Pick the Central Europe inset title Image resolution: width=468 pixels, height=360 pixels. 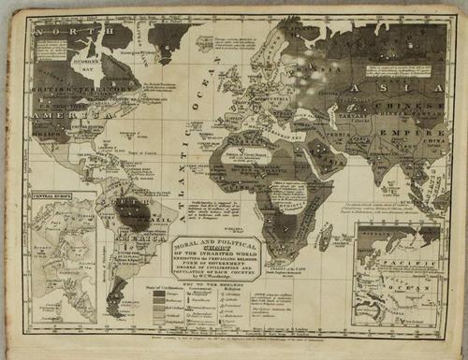pyautogui.click(x=53, y=197)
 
